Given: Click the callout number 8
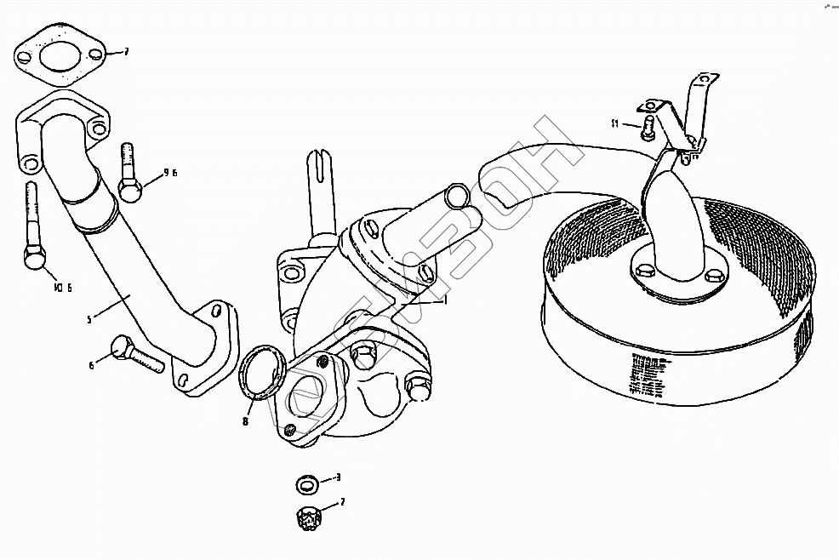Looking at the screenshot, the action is [x=245, y=420].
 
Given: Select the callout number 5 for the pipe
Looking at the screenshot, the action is [x=89, y=318].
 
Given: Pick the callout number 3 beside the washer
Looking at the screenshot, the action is [x=338, y=478].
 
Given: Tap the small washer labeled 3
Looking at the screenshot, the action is [x=307, y=485].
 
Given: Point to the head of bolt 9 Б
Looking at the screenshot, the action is [x=128, y=191].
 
